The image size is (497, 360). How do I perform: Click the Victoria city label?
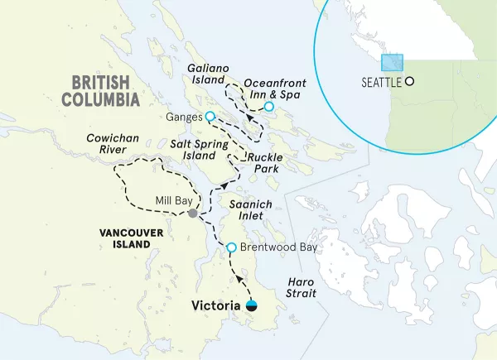pos(216,305)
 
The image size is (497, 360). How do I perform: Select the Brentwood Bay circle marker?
pos(232,247)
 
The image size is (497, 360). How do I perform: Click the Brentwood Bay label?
pos(275,247)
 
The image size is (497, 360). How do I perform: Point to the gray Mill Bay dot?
pos(193,214)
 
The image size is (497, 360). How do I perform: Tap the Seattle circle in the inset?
pos(408,82)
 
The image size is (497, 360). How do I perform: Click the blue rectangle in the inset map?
pos(392,63)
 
